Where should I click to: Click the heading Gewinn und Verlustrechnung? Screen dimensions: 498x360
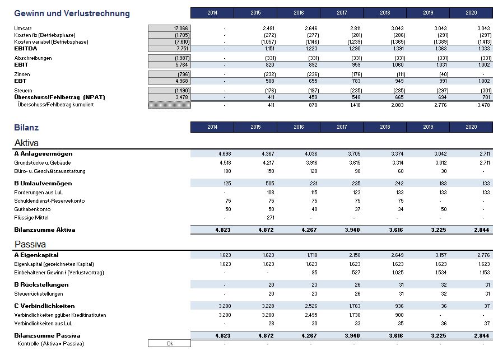pos(72,13)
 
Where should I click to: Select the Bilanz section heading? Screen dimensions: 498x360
pos(26,128)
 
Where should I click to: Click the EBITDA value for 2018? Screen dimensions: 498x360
pos(398,49)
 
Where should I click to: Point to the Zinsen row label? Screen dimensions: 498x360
pos(22,74)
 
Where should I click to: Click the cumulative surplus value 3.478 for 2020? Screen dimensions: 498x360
pos(483,105)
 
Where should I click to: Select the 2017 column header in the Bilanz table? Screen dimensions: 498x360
pos(342,127)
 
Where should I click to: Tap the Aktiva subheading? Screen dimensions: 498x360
pos(26,143)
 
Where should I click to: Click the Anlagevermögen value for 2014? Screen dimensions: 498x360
pos(225,153)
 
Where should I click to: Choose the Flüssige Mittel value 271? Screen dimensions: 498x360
pos(271,218)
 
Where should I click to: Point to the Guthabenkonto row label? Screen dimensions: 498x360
pos(32,209)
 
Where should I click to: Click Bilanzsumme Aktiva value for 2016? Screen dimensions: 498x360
pos(309,230)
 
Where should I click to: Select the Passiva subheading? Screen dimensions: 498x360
pos(30,244)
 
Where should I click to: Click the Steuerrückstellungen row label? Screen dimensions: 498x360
pos(39,293)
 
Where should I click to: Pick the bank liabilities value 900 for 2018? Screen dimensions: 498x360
pos(399,315)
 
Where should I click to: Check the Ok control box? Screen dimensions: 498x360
pos(169,344)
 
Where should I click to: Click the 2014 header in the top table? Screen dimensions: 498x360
pos(212,13)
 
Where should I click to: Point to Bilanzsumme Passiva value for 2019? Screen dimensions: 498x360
pos(439,335)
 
